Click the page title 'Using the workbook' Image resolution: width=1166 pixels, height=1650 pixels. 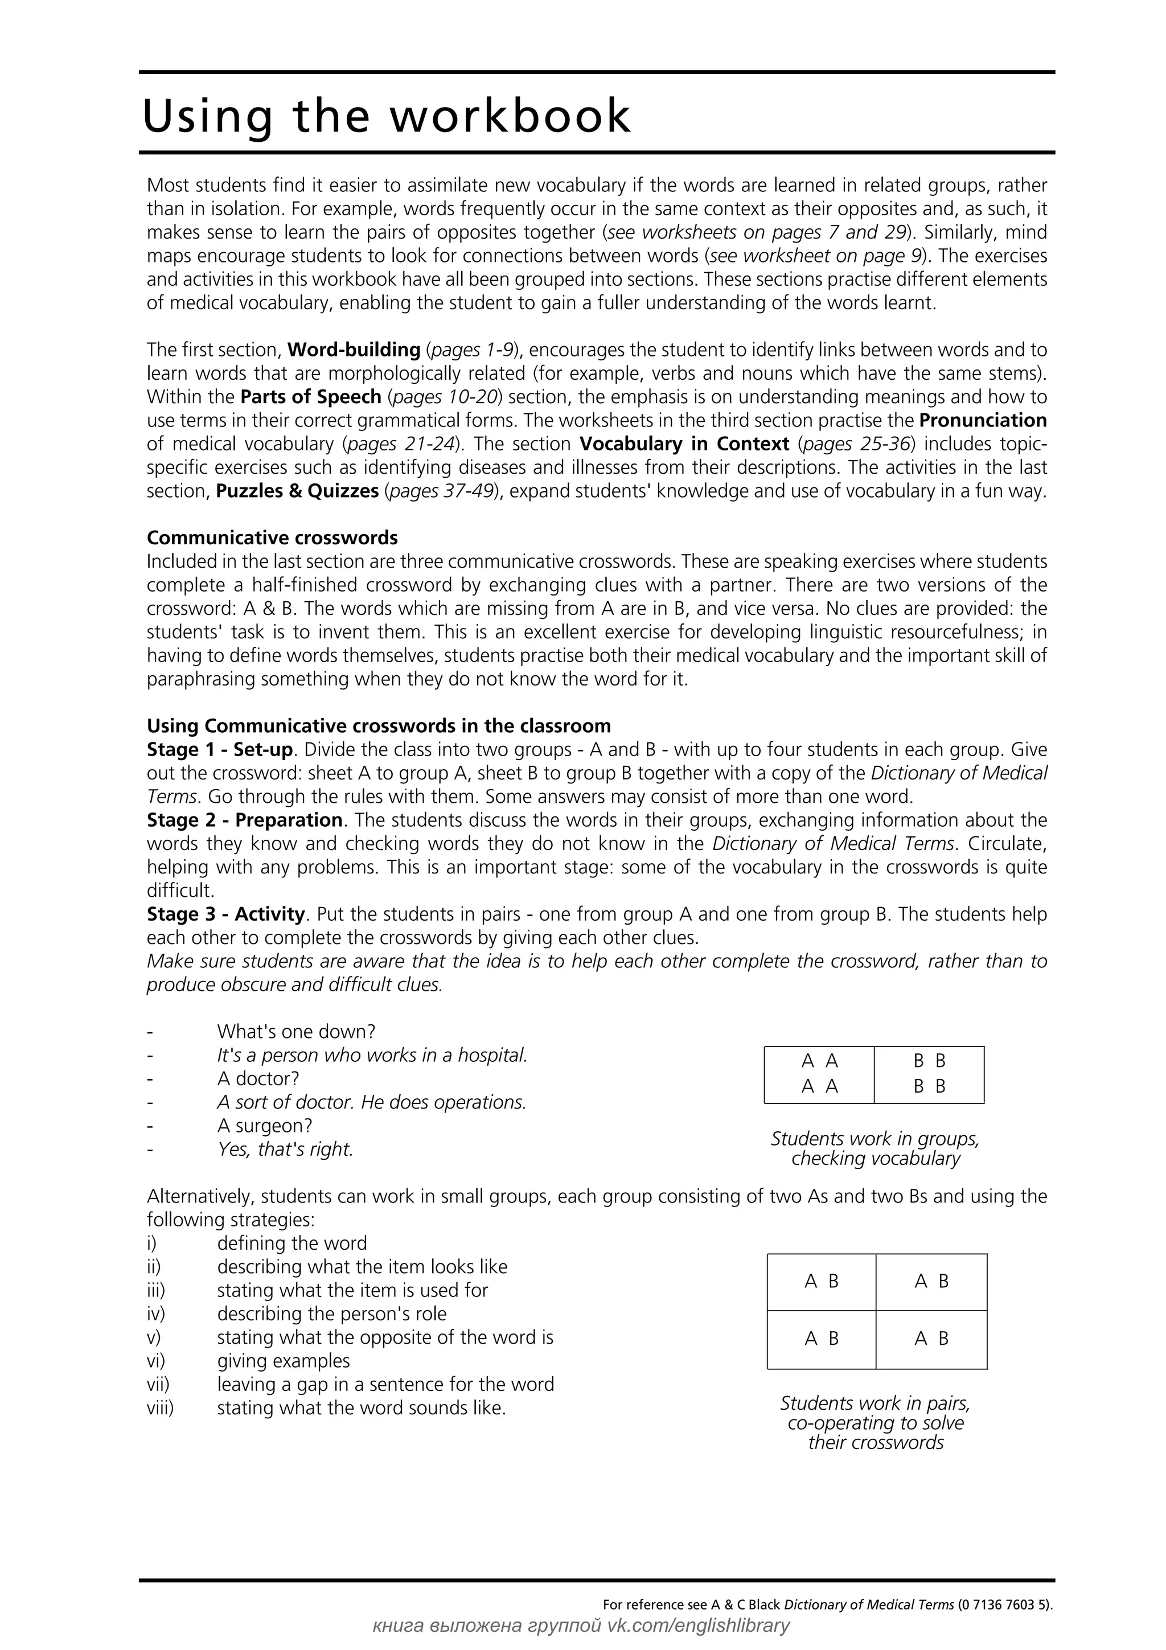tap(387, 116)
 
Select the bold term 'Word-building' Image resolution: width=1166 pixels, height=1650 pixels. tap(354, 350)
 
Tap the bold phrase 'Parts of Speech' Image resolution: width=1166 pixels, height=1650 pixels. tap(310, 397)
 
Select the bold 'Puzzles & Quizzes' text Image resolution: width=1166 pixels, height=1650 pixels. tap(297, 491)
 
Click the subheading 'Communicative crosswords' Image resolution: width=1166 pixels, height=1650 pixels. tap(272, 537)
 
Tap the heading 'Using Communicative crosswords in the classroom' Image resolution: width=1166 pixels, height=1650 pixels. tap(379, 726)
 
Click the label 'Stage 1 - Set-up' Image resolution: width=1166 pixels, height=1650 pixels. tap(219, 749)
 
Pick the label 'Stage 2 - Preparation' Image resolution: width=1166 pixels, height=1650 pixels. tap(244, 820)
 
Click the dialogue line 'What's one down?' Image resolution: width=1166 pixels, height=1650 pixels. tap(296, 1032)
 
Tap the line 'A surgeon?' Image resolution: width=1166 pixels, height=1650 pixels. tap(264, 1126)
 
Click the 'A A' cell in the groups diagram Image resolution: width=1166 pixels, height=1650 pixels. tap(819, 1074)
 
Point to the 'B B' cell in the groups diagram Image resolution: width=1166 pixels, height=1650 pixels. tap(929, 1074)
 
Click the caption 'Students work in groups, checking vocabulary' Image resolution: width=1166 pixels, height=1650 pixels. tap(875, 1148)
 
